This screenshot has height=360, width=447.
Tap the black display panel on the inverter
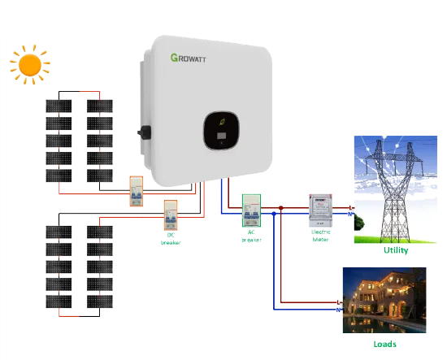point(220,132)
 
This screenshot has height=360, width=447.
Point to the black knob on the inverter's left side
point(145,132)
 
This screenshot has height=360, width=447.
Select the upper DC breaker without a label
point(136,192)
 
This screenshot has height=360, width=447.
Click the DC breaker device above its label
point(171,216)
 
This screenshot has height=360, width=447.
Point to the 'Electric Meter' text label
point(321,236)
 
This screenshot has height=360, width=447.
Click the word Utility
point(396,250)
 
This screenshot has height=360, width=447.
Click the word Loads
point(384,344)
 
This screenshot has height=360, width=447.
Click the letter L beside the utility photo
point(350,208)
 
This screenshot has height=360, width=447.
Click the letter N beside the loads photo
point(338,310)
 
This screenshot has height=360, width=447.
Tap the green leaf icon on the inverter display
point(220,122)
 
